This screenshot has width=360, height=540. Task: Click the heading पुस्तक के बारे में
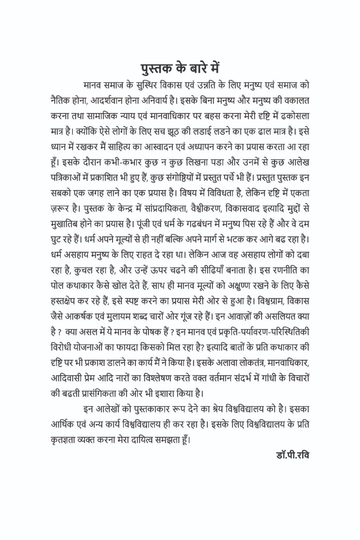[180, 68]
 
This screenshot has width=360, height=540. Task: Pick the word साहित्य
[119, 145]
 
